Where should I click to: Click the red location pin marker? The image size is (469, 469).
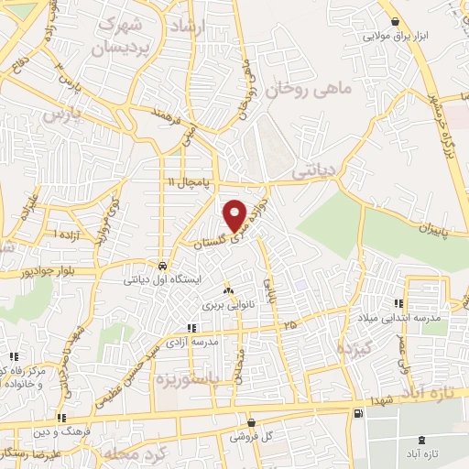tap(235, 214)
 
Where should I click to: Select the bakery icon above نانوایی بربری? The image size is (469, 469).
tap(227, 289)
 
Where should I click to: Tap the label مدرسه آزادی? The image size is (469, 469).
tap(215, 341)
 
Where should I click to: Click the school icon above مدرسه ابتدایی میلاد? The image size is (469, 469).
tap(398, 303)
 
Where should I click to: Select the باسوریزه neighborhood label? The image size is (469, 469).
tap(189, 376)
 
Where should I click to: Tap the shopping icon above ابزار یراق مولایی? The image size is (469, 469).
tap(395, 22)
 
